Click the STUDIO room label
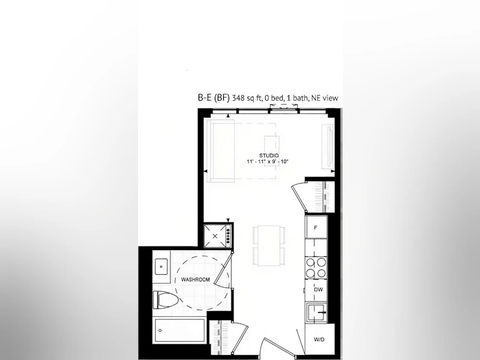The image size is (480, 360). point(269,155)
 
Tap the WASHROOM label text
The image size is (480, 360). point(196,280)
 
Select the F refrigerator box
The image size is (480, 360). point(316,227)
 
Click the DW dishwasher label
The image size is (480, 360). point(319,289)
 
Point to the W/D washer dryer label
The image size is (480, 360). point(319,339)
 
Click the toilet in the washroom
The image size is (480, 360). point(166,299)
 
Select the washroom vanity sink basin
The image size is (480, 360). point(161,267)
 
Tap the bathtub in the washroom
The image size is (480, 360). point(179,331)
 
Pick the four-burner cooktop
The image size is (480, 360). point(316,268)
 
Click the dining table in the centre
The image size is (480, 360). point(269,245)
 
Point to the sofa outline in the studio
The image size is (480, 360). point(220,151)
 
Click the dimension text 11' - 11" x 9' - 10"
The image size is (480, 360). point(268,161)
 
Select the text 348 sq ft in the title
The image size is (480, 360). point(247,98)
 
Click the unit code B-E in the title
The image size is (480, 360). point(205,98)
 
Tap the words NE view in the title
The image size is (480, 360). point(325,98)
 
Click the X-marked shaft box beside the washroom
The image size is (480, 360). point(215,236)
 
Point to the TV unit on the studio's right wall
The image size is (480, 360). point(328,146)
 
